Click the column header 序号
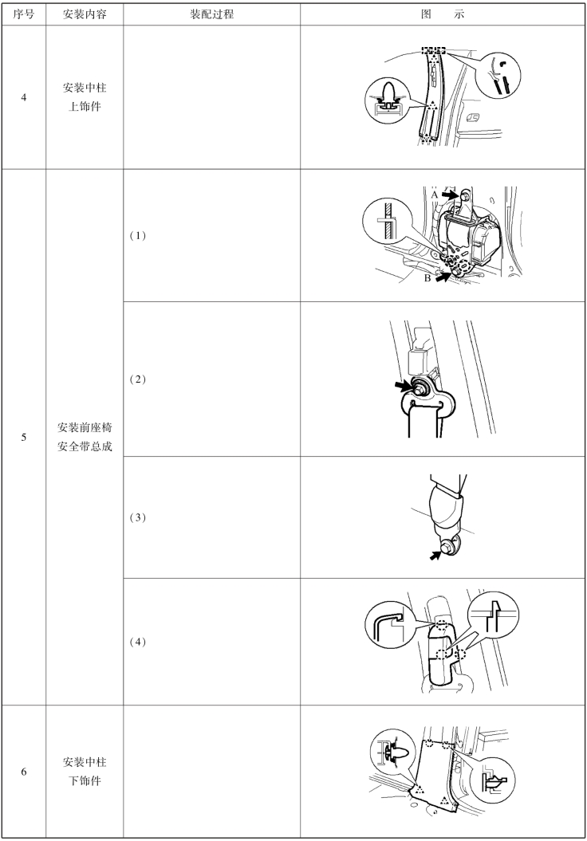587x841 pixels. pyautogui.click(x=23, y=14)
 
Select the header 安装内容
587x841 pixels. pyautogui.click(x=85, y=14)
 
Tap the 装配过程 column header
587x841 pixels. pyautogui.click(x=211, y=14)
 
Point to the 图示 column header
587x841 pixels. pyautogui.click(x=442, y=14)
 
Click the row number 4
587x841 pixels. pyautogui.click(x=24, y=97)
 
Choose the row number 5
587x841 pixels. pyautogui.click(x=24, y=437)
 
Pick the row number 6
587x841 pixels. pyautogui.click(x=24, y=772)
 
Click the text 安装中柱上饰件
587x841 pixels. pyautogui.click(x=85, y=96)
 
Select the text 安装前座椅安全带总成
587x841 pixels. pyautogui.click(x=85, y=437)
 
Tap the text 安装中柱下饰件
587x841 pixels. pyautogui.click(x=85, y=772)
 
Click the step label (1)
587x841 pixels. pyautogui.click(x=138, y=235)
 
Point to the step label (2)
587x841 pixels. pyautogui.click(x=138, y=379)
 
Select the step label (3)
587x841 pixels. pyautogui.click(x=138, y=517)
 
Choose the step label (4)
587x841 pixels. pyautogui.click(x=138, y=642)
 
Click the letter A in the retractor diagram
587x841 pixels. pyautogui.click(x=434, y=195)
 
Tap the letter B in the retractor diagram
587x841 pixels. pyautogui.click(x=427, y=278)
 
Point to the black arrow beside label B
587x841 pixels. pyautogui.click(x=443, y=277)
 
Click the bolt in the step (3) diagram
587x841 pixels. pyautogui.click(x=447, y=545)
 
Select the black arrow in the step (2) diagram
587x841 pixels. pyautogui.click(x=402, y=385)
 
